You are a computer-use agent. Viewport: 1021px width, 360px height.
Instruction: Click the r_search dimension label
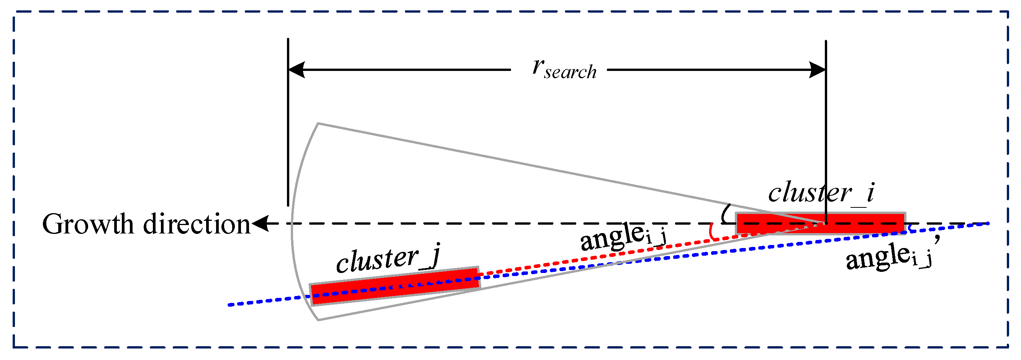[563, 70]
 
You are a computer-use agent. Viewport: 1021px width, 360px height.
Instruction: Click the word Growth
[88, 225]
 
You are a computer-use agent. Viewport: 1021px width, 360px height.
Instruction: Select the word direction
[197, 224]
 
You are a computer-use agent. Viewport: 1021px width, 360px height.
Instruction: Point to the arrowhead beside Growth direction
[260, 223]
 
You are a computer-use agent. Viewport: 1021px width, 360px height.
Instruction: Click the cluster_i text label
[821, 193]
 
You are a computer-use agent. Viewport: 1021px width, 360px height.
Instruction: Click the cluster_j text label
[388, 259]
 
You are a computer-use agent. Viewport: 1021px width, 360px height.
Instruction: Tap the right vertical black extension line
[826, 127]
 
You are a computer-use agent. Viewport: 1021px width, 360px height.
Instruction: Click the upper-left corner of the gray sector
[318, 124]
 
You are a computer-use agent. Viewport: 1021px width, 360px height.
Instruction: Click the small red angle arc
[711, 232]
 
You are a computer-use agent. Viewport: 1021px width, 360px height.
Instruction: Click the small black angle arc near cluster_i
[724, 214]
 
